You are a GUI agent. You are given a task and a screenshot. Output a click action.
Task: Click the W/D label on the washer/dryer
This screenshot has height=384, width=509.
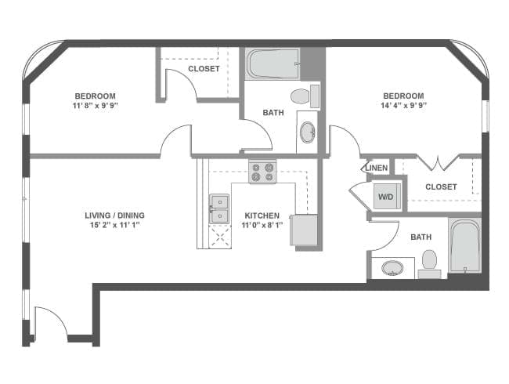[385, 197]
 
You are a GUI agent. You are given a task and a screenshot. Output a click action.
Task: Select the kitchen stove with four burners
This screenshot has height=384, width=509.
[262, 172]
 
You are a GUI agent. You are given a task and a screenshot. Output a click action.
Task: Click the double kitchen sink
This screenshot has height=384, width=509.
[218, 209]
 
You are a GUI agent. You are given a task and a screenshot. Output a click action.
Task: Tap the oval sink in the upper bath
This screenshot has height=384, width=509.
[308, 132]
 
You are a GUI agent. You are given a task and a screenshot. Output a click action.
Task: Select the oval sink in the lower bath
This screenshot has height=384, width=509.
[393, 269]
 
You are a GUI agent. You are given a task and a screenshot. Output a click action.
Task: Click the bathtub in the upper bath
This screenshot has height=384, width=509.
[272, 64]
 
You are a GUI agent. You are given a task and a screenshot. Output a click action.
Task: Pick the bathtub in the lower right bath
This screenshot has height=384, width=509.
[464, 245]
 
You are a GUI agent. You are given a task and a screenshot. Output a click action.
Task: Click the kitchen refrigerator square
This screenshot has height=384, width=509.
[304, 230]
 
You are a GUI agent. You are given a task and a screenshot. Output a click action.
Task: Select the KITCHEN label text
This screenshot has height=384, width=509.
[262, 216]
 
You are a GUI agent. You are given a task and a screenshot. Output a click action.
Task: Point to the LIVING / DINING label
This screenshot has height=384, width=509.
[114, 216]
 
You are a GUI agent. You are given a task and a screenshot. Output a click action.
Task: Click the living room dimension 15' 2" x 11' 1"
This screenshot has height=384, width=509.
[114, 225]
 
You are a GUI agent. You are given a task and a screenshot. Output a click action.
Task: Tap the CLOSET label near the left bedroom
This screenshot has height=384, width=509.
[204, 69]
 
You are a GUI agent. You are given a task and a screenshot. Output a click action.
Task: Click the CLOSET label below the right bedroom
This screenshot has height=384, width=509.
[441, 187]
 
